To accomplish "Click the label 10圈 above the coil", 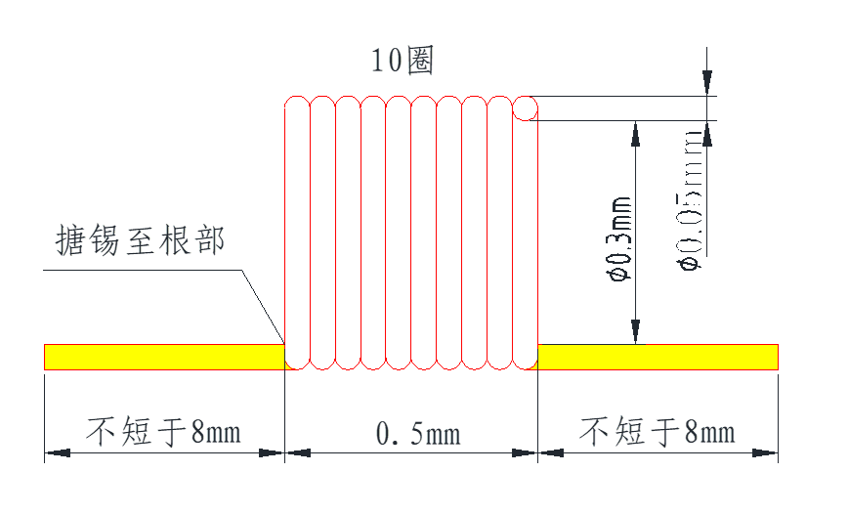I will click(402, 61).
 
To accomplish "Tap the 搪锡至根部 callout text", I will click(141, 240).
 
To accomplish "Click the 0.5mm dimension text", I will click(418, 432).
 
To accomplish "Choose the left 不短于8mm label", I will click(163, 431).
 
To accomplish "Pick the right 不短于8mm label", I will click(657, 431).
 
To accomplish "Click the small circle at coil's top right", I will click(526, 107).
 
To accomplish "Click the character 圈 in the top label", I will click(419, 61).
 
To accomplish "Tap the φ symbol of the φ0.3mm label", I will click(617, 275).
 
